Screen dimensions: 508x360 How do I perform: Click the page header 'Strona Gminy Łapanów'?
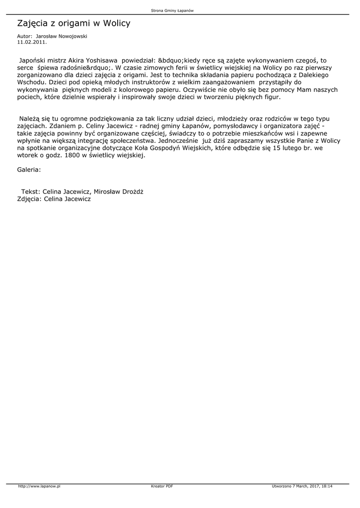pos(179,11)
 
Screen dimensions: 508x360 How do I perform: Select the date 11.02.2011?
pos(32,43)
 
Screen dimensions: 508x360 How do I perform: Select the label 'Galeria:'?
pos(29,170)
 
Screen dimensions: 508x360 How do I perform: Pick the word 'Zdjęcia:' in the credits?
pos(29,199)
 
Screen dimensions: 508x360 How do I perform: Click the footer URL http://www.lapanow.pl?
pos(39,486)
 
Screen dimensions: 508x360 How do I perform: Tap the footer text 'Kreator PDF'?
pos(162,486)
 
